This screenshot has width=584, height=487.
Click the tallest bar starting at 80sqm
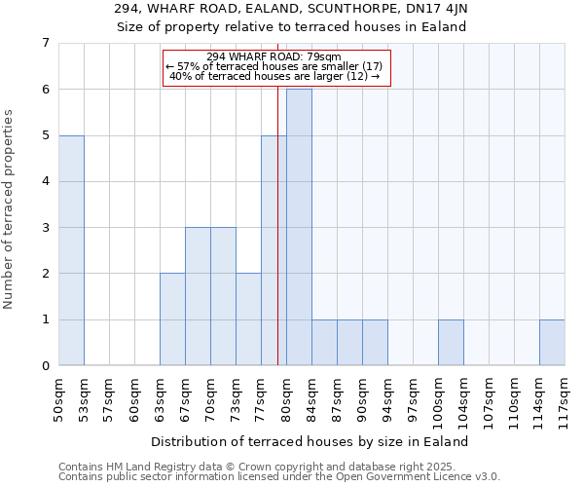pos(299,227)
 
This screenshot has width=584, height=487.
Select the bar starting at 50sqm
pos(71,250)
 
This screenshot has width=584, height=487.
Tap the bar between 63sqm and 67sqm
pos(172,319)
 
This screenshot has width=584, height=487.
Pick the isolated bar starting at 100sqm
pos(451,343)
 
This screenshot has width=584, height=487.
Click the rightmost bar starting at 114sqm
pos(552,343)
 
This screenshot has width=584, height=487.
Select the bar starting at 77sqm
pos(274,250)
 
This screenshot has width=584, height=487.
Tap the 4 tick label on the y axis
pos(45,181)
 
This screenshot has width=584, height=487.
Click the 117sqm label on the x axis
pos(566,398)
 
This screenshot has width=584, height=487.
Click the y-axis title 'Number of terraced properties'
pos(10,209)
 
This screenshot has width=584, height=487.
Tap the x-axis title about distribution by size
pos(310,441)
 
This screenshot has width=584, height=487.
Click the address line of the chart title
pos(292,10)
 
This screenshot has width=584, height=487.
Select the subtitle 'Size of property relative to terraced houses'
pos(292,27)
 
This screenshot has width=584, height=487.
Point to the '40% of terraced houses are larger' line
pos(274,76)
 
